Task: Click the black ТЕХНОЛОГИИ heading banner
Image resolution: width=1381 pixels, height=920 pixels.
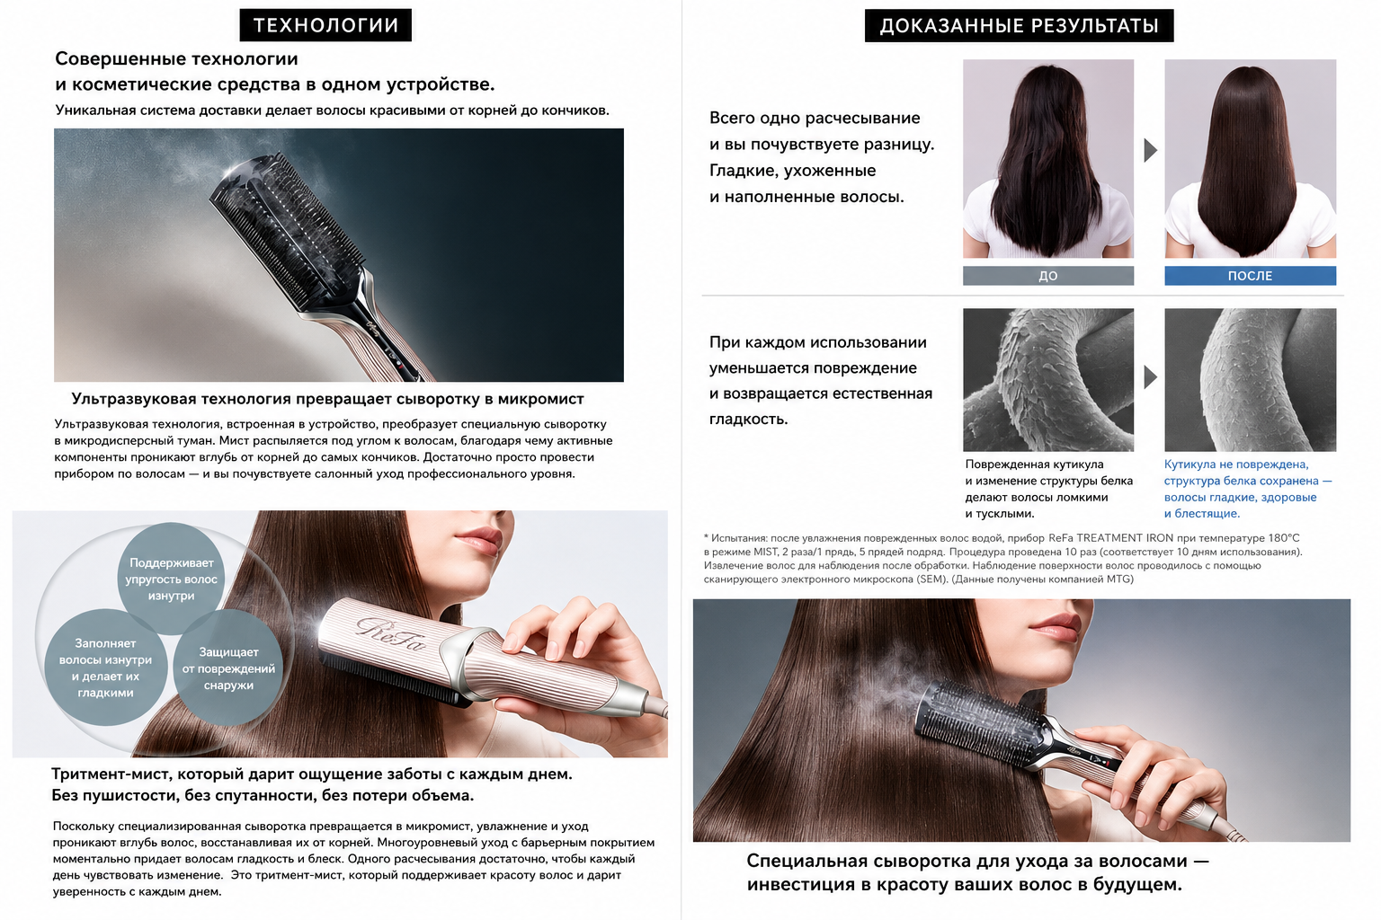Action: tap(325, 25)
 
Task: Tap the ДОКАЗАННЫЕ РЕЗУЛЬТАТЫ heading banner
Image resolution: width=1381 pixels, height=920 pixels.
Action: tap(1019, 25)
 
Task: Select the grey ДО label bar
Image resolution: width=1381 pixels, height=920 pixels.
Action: tap(1048, 276)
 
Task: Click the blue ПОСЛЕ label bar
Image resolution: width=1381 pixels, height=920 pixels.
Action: tap(1251, 276)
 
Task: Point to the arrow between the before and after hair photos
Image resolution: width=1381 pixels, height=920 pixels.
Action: tap(1151, 150)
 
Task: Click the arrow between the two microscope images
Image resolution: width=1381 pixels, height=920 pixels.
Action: tap(1151, 377)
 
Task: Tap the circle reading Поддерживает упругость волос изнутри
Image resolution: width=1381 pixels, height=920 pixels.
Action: tap(172, 579)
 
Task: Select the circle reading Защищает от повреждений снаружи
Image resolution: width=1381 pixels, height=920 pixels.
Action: tap(228, 668)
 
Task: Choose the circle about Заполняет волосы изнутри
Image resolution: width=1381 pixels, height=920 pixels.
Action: tap(105, 668)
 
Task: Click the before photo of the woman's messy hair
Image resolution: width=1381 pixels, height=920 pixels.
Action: tap(1048, 158)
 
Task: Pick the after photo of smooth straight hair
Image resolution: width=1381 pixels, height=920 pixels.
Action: tap(1251, 158)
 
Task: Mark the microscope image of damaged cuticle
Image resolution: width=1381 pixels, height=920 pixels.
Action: tap(1048, 379)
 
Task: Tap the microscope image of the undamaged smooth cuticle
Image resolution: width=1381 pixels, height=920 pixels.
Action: tap(1251, 379)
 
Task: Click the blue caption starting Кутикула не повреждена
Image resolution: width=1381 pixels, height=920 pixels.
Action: tap(1248, 489)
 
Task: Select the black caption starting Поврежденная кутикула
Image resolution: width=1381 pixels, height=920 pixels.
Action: tap(1048, 489)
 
